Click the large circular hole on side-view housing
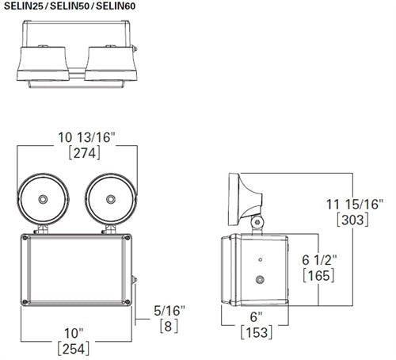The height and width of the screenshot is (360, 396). (x=261, y=280)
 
